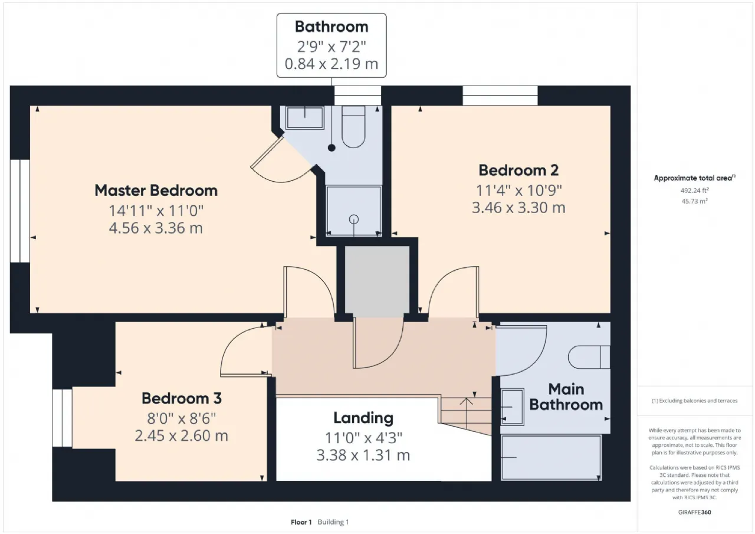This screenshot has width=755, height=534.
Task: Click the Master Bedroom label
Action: click(156, 191)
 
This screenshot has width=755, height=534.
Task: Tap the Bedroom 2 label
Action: click(518, 171)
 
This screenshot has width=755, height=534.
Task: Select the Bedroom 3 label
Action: click(182, 398)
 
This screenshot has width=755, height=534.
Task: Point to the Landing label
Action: click(363, 418)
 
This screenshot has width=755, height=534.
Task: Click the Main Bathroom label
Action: click(566, 397)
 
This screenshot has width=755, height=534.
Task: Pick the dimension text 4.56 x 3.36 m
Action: click(156, 228)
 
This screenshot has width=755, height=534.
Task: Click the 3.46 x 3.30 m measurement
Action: click(518, 208)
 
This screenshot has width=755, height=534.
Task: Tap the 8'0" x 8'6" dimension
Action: click(181, 419)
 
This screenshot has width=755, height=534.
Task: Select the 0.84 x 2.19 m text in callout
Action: click(331, 64)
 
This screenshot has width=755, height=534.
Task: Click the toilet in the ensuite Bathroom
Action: click(353, 127)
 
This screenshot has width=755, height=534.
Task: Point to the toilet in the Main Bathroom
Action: click(589, 357)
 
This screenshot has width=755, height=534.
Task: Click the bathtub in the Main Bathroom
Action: click(552, 457)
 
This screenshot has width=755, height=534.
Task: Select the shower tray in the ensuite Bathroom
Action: click(354, 211)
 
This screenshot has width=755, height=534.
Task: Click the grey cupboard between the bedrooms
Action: click(377, 281)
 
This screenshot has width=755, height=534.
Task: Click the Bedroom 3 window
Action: click(63, 418)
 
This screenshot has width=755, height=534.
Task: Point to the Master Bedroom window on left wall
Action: click(20, 211)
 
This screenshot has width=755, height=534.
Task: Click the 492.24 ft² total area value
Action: click(694, 191)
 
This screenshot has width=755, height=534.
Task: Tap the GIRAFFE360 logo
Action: click(694, 512)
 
